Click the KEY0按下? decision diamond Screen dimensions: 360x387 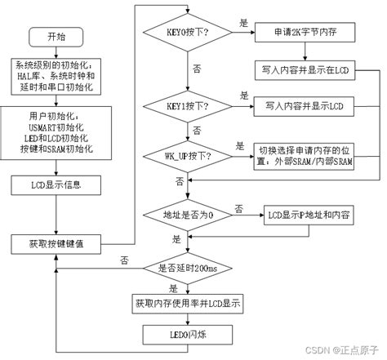[186, 33]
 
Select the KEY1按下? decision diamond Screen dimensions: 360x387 [186, 107]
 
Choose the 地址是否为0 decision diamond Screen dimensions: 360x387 [186, 215]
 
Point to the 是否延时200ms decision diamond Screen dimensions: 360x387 [186, 269]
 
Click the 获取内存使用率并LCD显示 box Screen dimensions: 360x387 [186, 302]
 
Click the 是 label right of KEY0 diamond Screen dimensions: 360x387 [243, 24]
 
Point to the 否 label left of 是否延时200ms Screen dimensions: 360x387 [124, 260]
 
